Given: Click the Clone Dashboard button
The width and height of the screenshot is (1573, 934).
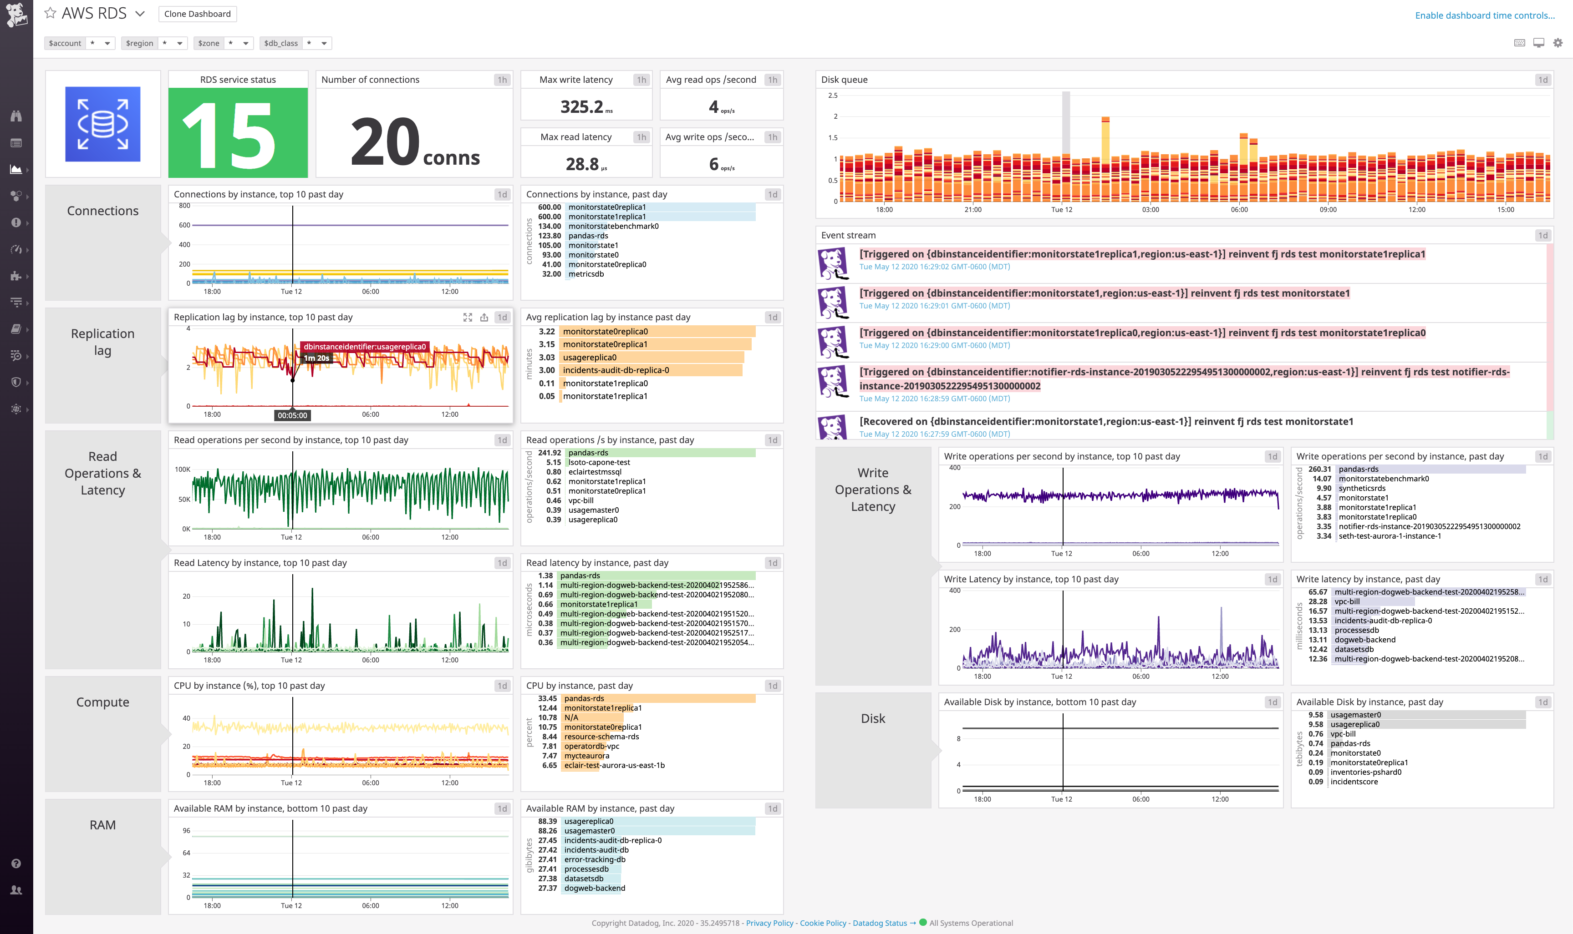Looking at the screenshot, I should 197,14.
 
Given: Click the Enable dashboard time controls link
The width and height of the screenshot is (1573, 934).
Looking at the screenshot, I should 1484,15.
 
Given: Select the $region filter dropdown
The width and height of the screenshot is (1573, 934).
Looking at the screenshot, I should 153,43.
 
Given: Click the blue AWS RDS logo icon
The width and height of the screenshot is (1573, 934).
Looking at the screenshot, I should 102,124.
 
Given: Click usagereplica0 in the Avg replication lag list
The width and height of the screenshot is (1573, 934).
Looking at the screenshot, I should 590,358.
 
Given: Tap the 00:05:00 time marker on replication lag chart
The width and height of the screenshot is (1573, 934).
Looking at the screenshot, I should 293,415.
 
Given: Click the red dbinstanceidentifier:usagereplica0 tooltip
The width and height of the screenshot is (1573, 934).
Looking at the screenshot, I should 365,347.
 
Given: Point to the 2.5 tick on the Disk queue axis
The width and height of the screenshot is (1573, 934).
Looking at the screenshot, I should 832,96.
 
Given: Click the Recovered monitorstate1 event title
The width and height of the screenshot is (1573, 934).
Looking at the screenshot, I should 1106,422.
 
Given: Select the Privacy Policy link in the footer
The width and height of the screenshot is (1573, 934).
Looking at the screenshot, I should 769,923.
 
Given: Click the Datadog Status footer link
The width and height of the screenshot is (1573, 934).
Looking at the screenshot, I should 879,923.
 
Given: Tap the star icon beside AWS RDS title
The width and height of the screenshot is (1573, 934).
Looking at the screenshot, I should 50,13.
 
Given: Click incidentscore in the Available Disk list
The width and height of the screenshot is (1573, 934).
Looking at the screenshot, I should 1354,782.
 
